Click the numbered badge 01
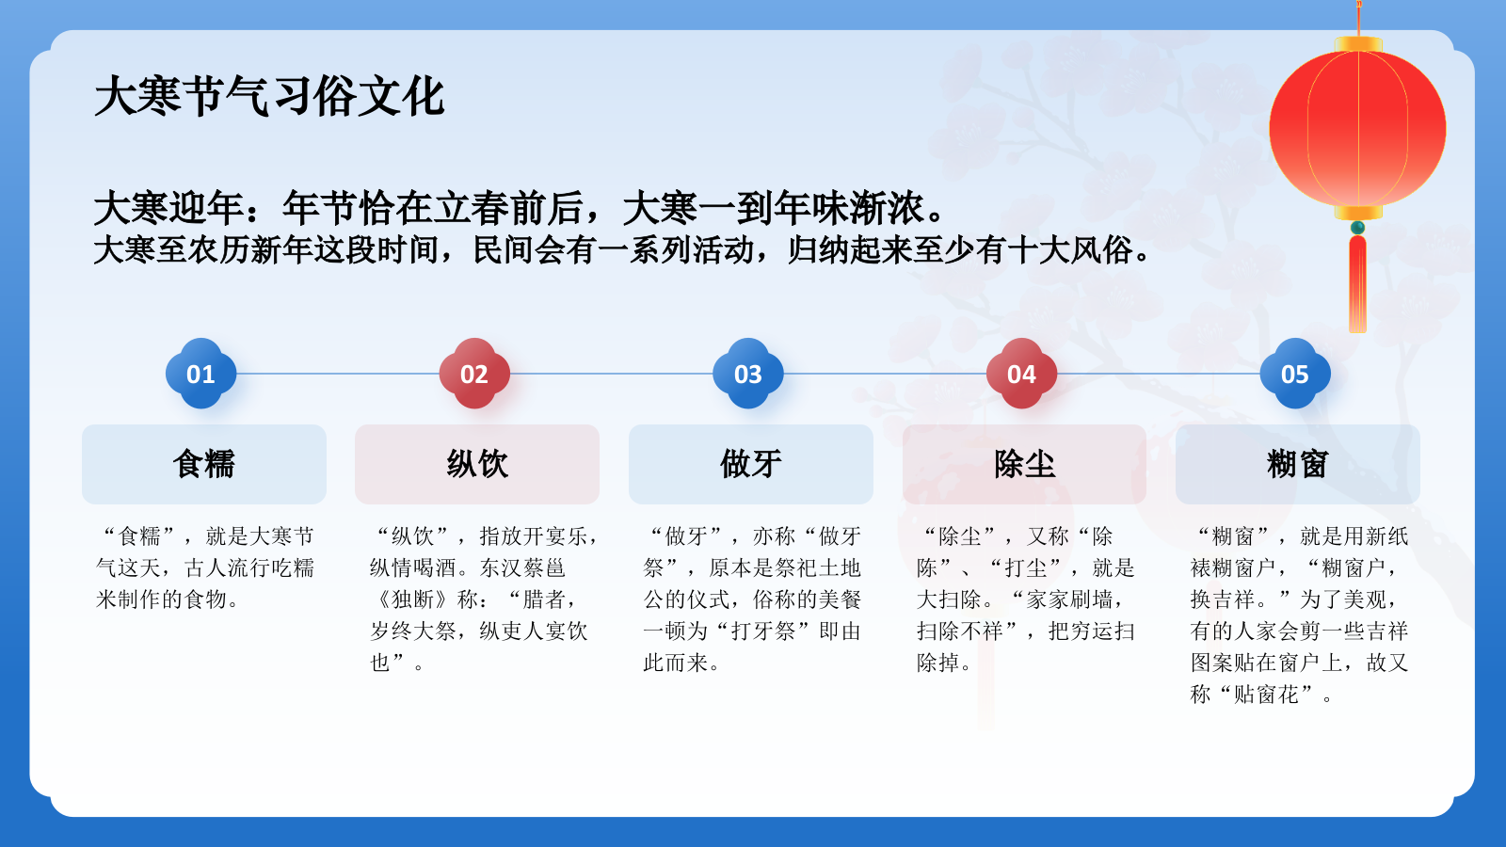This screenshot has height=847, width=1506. (200, 374)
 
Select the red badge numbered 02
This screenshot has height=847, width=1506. (474, 374)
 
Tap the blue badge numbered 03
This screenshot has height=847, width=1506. (748, 374)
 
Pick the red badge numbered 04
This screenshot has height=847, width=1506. (1021, 374)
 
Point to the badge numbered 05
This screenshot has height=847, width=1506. (1295, 374)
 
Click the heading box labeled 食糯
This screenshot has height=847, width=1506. (204, 464)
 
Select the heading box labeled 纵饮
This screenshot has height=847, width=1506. (477, 464)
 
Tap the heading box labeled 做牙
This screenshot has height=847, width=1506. (751, 464)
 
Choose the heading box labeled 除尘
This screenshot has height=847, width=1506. (1024, 464)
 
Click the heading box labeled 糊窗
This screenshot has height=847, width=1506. (1297, 464)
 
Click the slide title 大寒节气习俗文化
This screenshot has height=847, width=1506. (269, 97)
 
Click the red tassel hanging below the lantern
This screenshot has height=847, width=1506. (1357, 282)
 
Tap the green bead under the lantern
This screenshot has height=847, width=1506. (1357, 228)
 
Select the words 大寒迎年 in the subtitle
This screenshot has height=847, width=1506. (169, 208)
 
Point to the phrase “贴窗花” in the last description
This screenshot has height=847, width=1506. (1266, 695)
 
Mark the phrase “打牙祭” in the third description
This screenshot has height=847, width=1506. (762, 631)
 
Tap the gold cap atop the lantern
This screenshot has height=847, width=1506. (1358, 44)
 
